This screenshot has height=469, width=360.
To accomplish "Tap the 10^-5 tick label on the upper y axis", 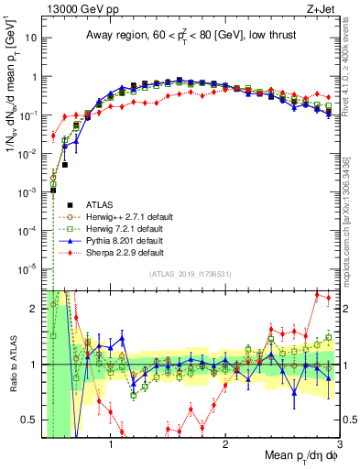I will pos(27,268).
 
